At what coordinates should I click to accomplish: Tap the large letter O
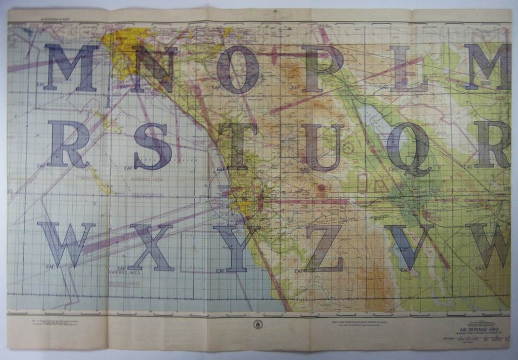238,69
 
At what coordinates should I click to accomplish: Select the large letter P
322,67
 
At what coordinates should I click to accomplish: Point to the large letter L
408,68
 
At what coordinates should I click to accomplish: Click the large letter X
151,247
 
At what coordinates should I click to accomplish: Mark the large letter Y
236,248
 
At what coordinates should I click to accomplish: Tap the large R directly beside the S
69,144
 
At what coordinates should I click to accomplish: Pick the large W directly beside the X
67,244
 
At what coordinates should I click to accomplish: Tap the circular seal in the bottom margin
257,325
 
